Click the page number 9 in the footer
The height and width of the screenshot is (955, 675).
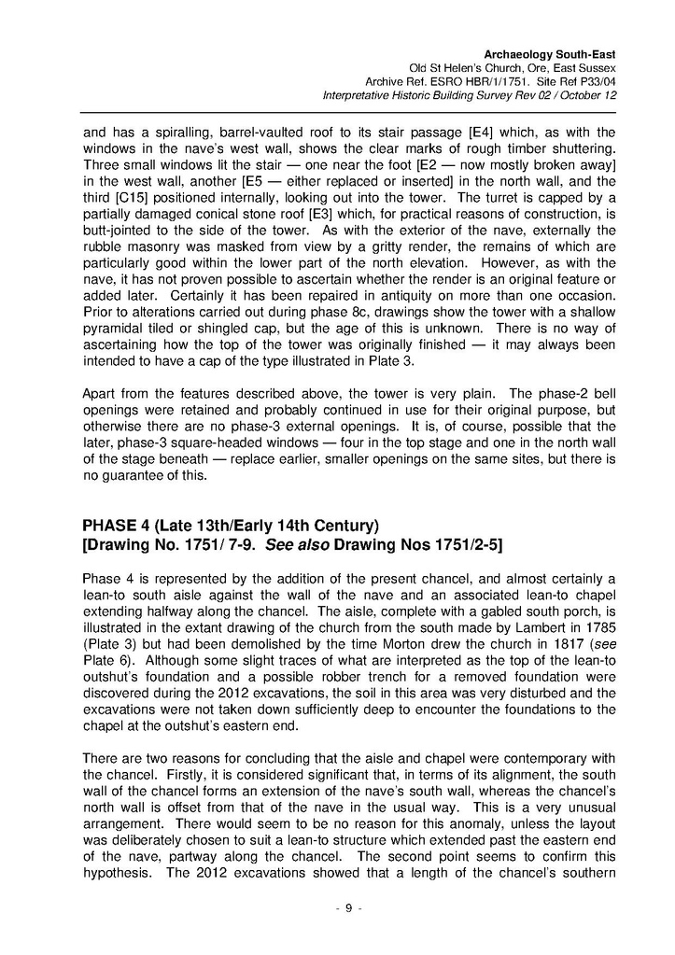(347, 909)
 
